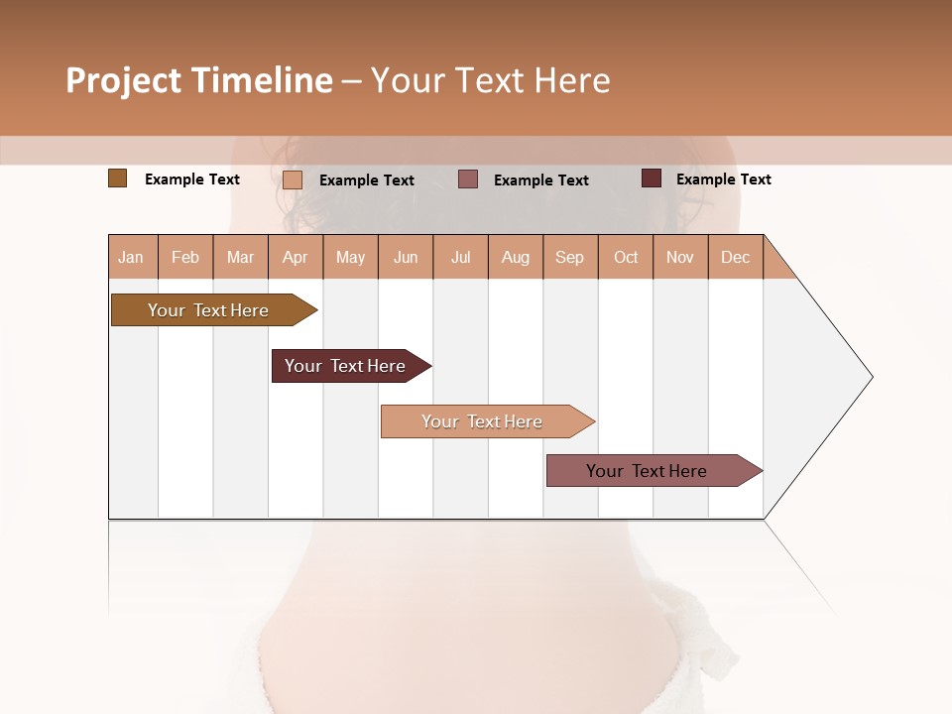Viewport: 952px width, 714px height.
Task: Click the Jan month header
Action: tap(132, 257)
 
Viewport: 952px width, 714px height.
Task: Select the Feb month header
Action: tap(185, 257)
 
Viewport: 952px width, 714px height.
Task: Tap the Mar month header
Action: tap(240, 257)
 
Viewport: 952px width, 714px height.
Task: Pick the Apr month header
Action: tap(296, 257)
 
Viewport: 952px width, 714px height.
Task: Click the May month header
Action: tap(350, 257)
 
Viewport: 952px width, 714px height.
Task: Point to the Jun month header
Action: tap(406, 257)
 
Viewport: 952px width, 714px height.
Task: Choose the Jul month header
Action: tap(460, 257)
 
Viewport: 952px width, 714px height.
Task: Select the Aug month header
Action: tap(516, 257)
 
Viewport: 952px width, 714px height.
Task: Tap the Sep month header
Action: tap(570, 257)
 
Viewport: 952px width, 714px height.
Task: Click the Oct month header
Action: tap(626, 257)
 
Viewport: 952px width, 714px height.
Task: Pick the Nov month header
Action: tap(680, 257)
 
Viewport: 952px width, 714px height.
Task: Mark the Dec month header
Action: tap(736, 257)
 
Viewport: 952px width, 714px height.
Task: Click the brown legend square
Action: tap(118, 178)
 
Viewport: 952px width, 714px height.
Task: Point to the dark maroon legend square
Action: tap(652, 178)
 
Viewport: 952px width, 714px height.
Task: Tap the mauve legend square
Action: tap(468, 179)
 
